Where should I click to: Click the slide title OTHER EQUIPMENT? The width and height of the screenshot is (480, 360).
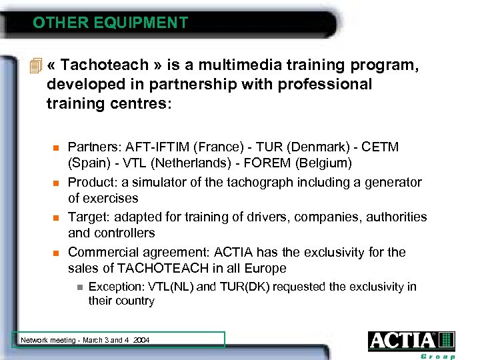click(x=111, y=23)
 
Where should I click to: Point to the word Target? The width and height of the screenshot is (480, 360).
click(x=89, y=217)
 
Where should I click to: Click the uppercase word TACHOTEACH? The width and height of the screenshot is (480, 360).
click(x=156, y=269)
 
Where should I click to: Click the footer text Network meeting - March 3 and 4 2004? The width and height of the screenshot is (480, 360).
click(x=85, y=340)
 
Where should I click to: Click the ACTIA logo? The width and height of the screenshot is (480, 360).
click(x=411, y=341)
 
